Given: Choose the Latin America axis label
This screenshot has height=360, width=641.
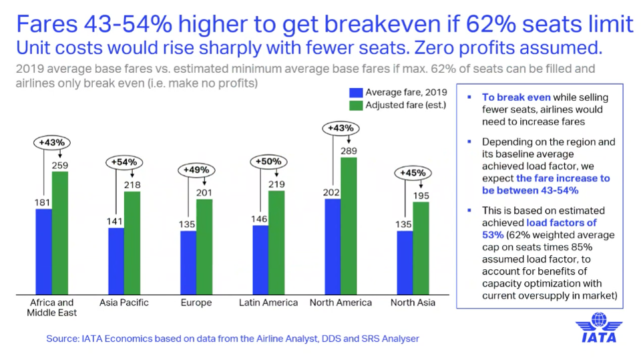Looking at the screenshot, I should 268,303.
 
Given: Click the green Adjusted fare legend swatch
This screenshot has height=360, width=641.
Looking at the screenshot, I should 356,106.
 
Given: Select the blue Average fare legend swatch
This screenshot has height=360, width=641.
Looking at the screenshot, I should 356,92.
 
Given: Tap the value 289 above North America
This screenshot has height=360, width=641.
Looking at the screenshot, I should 349,152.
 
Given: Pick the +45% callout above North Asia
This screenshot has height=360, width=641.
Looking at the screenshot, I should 412,173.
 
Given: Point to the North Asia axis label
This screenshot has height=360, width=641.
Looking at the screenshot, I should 413,303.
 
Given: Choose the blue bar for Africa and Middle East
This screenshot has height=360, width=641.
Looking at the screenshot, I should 44,252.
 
